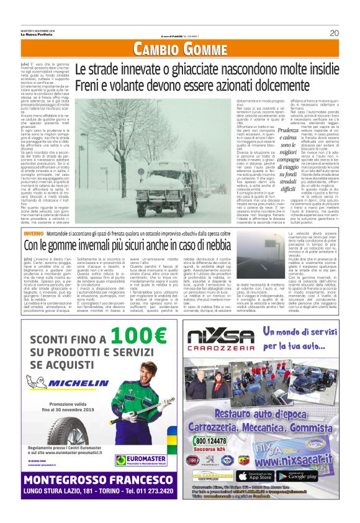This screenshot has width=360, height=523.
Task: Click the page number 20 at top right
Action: click(x=333, y=33)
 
